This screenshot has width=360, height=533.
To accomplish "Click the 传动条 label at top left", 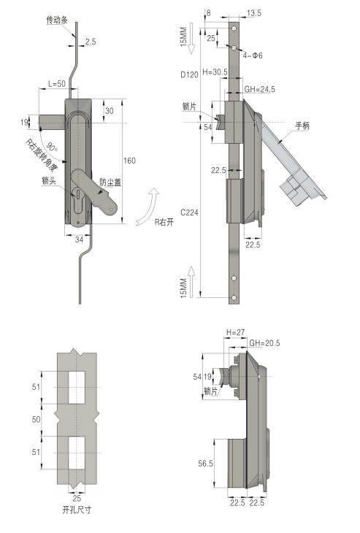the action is (57, 20).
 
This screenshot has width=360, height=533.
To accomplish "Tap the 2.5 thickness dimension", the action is (91, 42).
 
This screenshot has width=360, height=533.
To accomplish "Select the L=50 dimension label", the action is (56, 83).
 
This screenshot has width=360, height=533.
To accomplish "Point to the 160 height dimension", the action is (129, 161).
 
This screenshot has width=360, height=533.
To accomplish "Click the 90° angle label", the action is (52, 147).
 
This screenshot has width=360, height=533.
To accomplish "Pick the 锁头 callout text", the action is (49, 181).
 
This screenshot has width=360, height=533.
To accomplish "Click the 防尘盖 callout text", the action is (110, 183).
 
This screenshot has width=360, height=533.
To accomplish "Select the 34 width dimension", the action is (79, 239).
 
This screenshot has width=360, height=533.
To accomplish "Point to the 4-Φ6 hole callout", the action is (253, 55).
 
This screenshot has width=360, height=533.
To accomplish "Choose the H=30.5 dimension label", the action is (215, 72).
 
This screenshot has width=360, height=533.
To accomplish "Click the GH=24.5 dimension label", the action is (260, 89).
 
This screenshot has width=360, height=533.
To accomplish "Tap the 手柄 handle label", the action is (302, 126).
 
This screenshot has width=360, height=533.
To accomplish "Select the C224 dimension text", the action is (189, 212).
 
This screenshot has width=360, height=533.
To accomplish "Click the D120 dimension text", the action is (189, 74).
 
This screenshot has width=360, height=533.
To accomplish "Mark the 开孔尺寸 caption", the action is (77, 510).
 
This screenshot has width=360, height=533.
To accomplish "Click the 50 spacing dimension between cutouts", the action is (36, 420).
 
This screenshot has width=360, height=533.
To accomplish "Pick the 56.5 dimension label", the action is (206, 464).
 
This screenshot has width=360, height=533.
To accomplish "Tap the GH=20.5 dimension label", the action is (264, 343).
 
